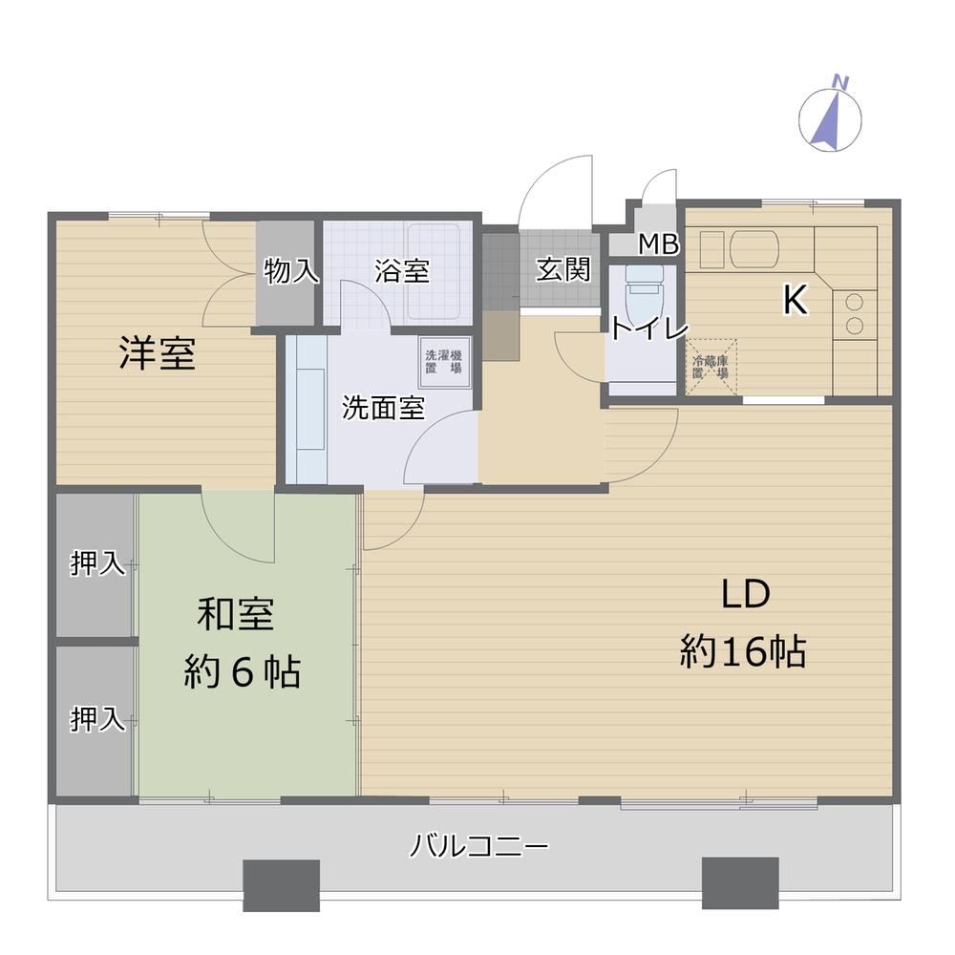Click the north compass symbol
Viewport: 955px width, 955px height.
point(830,117)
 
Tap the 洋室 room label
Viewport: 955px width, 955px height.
point(158,353)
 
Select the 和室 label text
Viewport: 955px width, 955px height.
point(236,614)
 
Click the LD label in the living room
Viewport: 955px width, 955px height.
point(746,594)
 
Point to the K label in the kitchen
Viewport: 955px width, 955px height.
point(796,300)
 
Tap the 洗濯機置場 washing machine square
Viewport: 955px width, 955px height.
point(445,362)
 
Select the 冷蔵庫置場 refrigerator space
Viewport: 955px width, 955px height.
point(711,367)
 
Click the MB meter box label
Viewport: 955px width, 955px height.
point(659,244)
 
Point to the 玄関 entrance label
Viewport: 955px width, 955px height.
point(563,269)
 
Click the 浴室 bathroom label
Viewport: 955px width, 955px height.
point(402,271)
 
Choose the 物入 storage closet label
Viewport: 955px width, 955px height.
point(291,270)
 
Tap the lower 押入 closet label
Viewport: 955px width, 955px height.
point(98,719)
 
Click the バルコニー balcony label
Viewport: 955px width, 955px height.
point(479,846)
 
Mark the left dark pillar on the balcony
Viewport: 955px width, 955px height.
point(282,885)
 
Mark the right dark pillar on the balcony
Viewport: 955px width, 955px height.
point(741,883)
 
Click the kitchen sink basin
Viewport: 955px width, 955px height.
point(754,248)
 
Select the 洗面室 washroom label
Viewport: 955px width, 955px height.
point(383,408)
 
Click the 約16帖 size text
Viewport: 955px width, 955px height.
point(743,651)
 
